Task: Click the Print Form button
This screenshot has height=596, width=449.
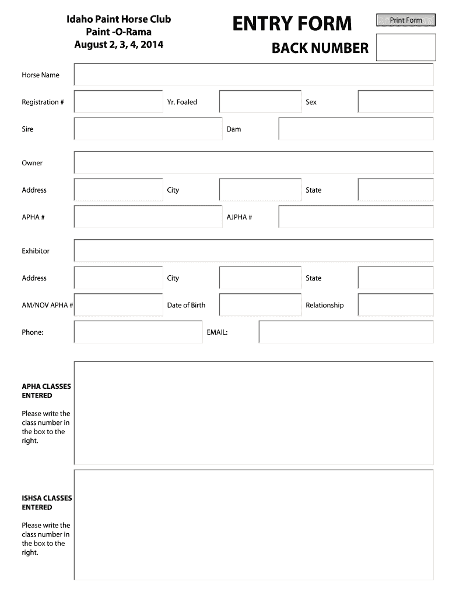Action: tap(406, 20)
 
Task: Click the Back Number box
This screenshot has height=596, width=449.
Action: tap(406, 47)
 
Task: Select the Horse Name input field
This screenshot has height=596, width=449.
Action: tap(254, 75)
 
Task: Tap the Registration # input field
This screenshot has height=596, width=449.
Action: tap(118, 102)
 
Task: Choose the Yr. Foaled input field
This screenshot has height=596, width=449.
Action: tap(260, 102)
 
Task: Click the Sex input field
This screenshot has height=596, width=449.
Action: tap(395, 102)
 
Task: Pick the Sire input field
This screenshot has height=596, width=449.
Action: tap(148, 129)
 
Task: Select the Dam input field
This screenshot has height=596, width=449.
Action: tap(356, 129)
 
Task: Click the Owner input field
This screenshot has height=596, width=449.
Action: tap(254, 163)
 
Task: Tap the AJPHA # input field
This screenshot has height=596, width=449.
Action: tap(356, 217)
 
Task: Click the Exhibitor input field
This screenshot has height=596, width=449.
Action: tap(254, 251)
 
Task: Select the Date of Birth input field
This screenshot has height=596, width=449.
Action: tap(260, 305)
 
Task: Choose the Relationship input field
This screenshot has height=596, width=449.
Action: tap(395, 305)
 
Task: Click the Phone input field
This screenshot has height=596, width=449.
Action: tap(138, 332)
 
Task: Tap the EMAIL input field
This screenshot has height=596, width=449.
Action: tap(346, 332)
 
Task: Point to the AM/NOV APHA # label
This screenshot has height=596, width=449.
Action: tap(47, 305)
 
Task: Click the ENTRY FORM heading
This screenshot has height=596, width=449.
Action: tap(292, 24)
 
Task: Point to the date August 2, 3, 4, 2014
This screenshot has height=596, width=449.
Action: tap(118, 44)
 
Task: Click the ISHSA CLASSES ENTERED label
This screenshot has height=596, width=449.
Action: tap(47, 503)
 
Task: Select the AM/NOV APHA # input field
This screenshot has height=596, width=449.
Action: tap(118, 305)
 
